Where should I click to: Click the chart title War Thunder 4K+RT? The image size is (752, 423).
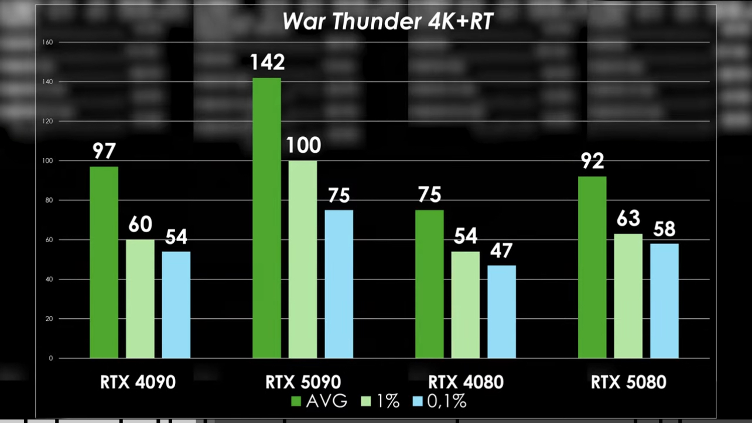388,22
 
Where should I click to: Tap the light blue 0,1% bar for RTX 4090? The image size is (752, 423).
176,305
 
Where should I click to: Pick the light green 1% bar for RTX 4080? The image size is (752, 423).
466,305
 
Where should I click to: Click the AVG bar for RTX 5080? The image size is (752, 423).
592,267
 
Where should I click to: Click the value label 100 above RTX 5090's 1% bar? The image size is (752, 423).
303,146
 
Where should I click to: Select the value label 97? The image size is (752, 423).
104,152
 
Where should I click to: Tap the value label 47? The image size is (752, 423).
501,250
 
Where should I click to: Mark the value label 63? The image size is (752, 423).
628,219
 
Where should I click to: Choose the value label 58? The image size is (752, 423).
665,229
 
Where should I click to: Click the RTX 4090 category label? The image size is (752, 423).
138,383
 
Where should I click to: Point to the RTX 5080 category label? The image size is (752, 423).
628,383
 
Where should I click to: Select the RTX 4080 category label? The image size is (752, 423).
466,383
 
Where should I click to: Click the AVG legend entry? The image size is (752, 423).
319,401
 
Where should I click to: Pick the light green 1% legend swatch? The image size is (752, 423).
368,401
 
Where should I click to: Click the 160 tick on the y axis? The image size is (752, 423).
48,43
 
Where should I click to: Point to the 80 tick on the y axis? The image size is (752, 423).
49,201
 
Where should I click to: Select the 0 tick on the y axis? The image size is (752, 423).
50,359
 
